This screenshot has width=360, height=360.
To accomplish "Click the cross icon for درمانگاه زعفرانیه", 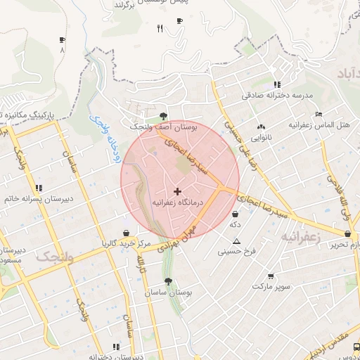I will [x=176, y=191].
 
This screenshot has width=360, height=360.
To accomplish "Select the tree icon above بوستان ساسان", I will [x=167, y=281].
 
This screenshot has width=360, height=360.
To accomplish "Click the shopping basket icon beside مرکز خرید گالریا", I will [x=126, y=233].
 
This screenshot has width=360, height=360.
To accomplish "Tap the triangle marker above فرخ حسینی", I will [x=236, y=241].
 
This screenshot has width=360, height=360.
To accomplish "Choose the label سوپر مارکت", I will [x=271, y=287].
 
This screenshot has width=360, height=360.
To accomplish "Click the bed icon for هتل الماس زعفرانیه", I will [x=319, y=114].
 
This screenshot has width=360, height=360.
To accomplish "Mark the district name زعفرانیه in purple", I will [x=301, y=238].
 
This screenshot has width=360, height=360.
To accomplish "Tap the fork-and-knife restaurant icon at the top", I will [x=160, y=28].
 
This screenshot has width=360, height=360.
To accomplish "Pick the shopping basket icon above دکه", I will [x=235, y=214].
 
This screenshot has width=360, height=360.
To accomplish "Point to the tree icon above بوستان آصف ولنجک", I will [x=164, y=116].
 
